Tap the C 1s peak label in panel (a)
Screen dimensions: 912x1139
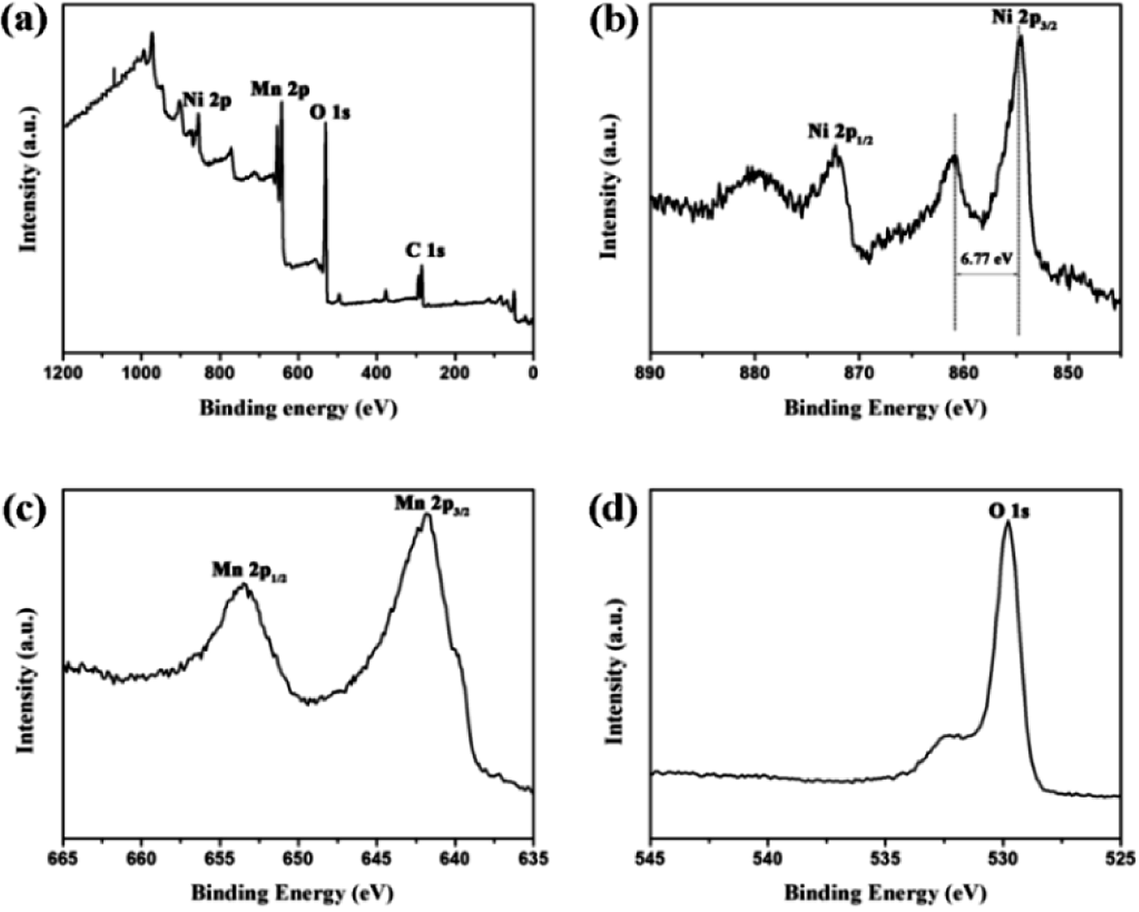425,250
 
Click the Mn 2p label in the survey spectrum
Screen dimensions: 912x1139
280,89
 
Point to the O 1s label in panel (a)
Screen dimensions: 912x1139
329,112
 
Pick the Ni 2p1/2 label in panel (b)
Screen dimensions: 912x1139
840,132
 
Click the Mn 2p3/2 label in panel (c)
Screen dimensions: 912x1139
431,504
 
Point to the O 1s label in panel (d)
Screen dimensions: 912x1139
1009,510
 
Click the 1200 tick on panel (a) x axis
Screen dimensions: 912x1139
63,373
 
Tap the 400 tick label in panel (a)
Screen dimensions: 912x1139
377,373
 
